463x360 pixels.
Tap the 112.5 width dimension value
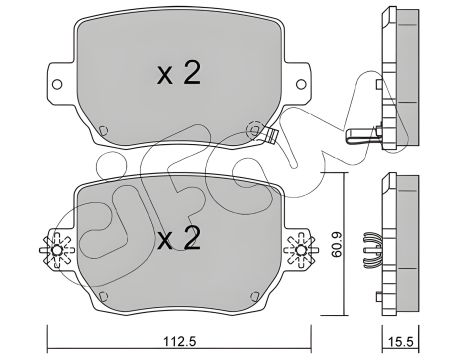181,339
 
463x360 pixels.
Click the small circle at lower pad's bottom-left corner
103,296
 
